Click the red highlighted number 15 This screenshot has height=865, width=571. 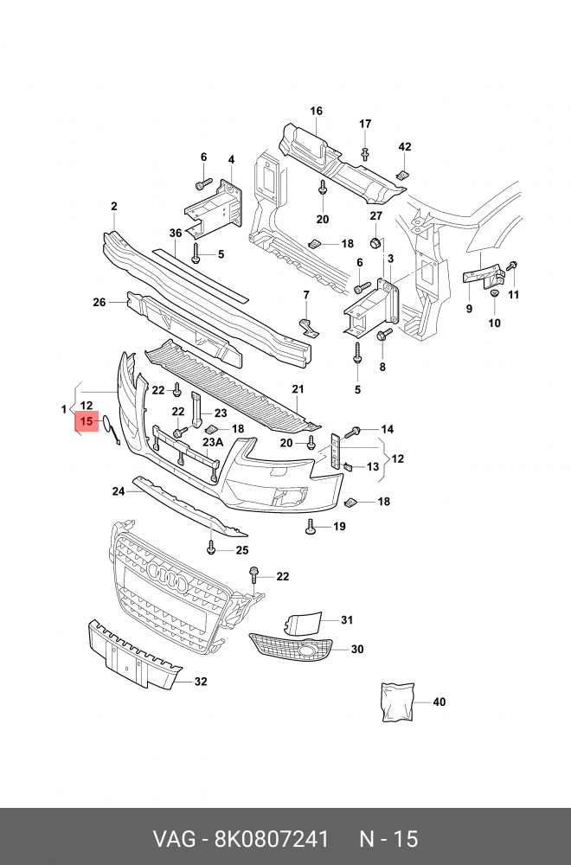click(87, 422)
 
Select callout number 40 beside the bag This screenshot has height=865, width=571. click(439, 702)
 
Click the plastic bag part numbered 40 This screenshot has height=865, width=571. click(397, 702)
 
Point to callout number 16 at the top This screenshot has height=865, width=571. click(316, 111)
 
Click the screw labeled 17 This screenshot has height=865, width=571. click(365, 154)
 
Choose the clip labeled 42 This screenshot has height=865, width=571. click(403, 176)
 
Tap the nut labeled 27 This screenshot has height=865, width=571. click(375, 243)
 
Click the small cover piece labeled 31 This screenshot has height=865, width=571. click(301, 622)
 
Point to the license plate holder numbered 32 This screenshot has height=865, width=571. click(134, 654)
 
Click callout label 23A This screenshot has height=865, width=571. click(213, 442)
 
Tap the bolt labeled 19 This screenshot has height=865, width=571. click(310, 528)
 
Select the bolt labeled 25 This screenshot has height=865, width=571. click(211, 548)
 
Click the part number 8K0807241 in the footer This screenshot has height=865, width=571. click(271, 839)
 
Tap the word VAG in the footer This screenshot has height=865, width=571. click(174, 839)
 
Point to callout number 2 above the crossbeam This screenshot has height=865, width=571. click(113, 207)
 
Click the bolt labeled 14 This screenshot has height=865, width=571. click(352, 432)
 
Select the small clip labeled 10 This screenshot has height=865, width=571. click(494, 292)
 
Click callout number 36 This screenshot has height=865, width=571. click(176, 233)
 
